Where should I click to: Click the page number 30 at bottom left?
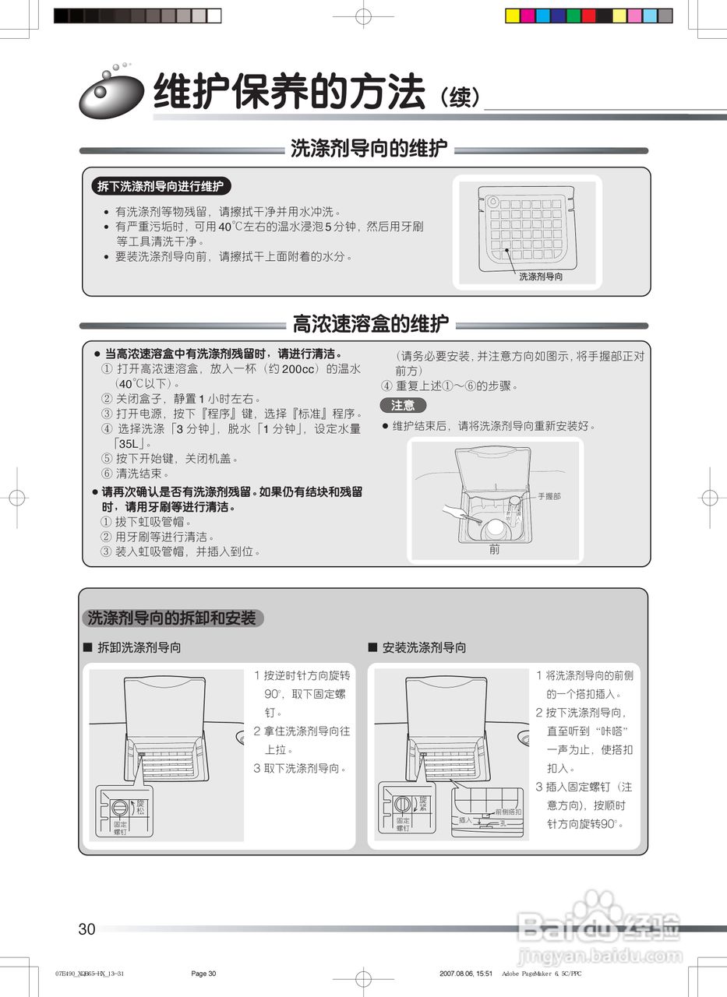(x=86, y=929)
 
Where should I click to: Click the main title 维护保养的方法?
(x=289, y=92)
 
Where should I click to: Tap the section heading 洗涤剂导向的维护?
(x=369, y=149)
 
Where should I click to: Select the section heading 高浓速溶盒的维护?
(x=370, y=323)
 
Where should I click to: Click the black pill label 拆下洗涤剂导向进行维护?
(x=160, y=187)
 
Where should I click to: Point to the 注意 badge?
(x=403, y=405)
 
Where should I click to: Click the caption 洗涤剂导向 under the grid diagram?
(x=541, y=277)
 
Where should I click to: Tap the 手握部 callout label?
(x=549, y=496)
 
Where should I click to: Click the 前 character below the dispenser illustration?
(x=494, y=550)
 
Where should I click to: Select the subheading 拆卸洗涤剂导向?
(x=139, y=647)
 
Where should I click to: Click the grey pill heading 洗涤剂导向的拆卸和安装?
(x=172, y=618)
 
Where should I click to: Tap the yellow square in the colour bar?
(x=513, y=16)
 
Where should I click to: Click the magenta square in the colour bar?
(x=528, y=16)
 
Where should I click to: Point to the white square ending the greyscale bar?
(x=214, y=16)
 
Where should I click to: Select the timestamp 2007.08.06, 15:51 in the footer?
(x=465, y=974)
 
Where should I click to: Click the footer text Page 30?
(x=203, y=974)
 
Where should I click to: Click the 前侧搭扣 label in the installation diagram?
(x=508, y=812)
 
